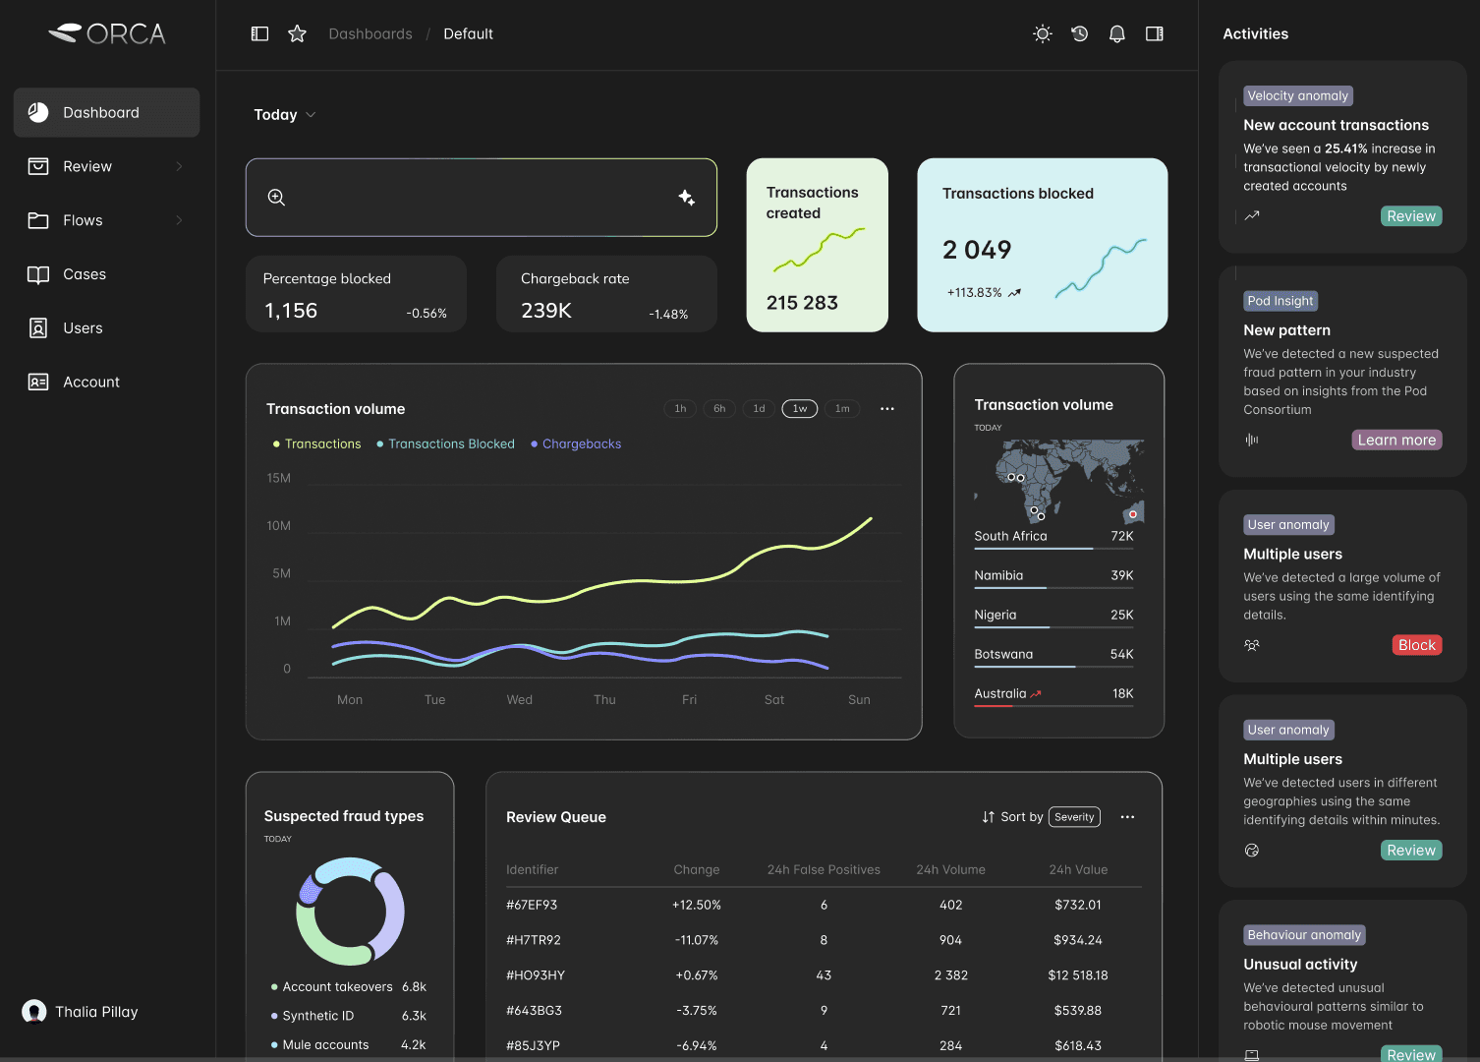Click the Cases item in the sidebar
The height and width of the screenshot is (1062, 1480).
[x=84, y=274]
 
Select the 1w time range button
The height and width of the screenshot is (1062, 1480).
[x=799, y=409]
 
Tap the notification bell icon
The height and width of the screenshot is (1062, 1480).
[x=1116, y=34]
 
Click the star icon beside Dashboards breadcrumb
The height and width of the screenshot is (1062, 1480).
[x=297, y=34]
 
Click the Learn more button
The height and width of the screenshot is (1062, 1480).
[x=1395, y=441]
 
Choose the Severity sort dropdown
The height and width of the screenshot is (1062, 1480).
[x=1074, y=817]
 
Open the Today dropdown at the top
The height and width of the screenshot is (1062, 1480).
[x=284, y=115]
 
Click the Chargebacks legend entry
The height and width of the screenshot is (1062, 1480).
[x=581, y=444]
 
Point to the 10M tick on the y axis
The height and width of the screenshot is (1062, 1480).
[x=278, y=526]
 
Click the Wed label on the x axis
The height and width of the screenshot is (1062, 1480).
[x=519, y=700]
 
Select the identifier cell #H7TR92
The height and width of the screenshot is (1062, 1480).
[x=533, y=940]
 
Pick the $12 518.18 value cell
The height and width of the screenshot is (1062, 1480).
[x=1077, y=975]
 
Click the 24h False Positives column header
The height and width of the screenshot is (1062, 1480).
[x=823, y=870]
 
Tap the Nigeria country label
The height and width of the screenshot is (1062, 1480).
[x=995, y=616]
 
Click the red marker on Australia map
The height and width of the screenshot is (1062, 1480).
[x=1132, y=514]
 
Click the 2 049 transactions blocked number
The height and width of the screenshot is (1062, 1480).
[x=976, y=251]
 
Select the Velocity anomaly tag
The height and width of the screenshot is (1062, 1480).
[x=1297, y=96]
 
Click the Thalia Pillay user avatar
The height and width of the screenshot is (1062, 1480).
[x=34, y=1012]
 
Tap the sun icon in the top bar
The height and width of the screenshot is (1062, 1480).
[x=1042, y=34]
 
